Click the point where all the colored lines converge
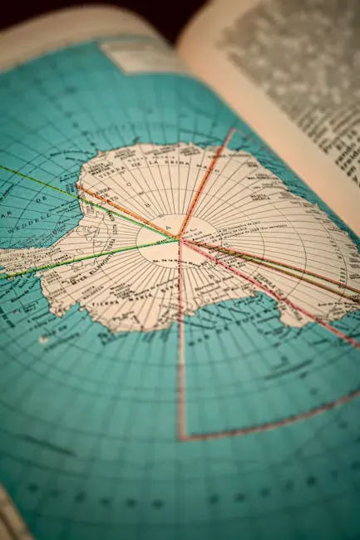pyautogui.click(x=179, y=239)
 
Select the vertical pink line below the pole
pyautogui.click(x=180, y=349)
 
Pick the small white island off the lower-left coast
pyautogui.click(x=43, y=339)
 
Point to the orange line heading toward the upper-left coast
pyautogui.click(x=125, y=212)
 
